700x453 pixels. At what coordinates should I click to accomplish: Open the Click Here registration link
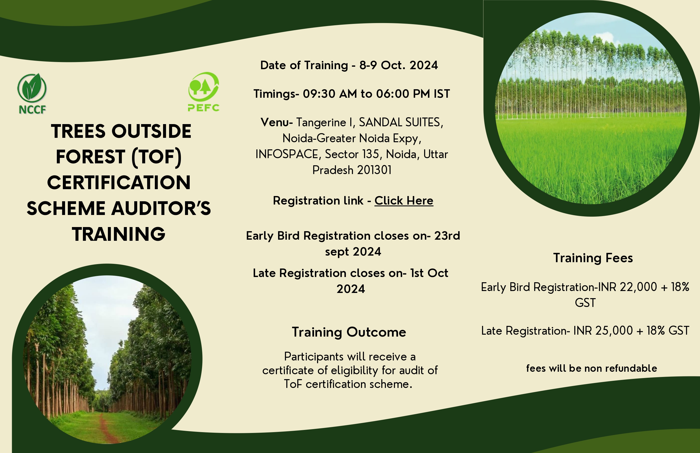pos(404,201)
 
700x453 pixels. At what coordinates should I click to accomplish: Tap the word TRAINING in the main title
pos(119,234)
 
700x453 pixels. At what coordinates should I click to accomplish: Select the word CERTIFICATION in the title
pos(119,182)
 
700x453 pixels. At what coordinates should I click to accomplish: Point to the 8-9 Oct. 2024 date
pos(398,65)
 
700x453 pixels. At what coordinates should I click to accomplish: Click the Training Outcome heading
pos(349,332)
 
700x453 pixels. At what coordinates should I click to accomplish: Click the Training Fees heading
pos(593,258)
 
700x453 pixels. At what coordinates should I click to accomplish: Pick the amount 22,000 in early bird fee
pos(638,287)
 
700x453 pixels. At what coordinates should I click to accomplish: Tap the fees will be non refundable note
pos(591,368)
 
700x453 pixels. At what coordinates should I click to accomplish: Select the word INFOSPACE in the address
pos(287,154)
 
